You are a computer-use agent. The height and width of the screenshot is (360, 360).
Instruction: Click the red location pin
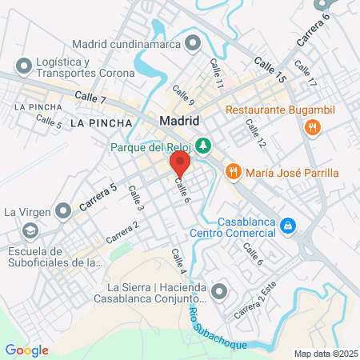point(179,165)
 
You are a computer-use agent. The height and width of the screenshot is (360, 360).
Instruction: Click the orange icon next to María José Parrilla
point(234,170)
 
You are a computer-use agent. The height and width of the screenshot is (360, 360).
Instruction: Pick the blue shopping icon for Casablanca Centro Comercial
point(287,227)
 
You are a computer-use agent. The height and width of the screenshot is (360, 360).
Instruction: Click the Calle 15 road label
point(270,69)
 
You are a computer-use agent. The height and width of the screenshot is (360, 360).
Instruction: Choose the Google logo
point(26,350)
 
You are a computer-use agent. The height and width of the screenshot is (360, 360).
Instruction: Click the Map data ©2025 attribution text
point(325,353)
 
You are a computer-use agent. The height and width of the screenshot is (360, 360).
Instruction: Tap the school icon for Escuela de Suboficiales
point(30,231)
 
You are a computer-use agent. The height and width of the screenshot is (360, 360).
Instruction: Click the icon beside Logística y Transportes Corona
point(26,64)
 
